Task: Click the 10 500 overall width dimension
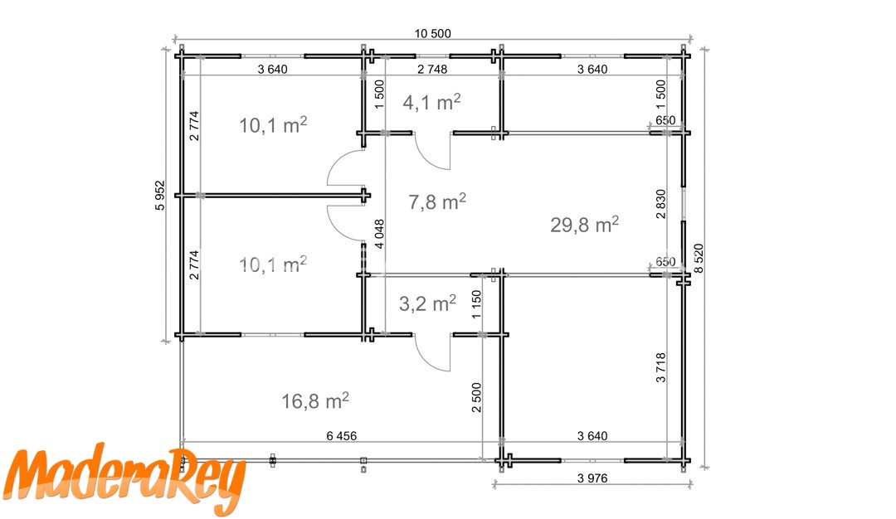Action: [432, 34]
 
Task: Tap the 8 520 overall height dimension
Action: [699, 259]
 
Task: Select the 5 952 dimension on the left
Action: [160, 196]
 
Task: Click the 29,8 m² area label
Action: [585, 225]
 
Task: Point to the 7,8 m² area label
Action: [437, 201]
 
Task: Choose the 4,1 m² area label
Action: [431, 102]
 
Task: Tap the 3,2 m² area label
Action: [427, 303]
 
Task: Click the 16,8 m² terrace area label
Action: [315, 400]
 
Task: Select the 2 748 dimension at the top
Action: [432, 69]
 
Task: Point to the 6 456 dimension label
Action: [342, 435]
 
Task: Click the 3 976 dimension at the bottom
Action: [592, 478]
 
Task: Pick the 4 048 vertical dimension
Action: [379, 234]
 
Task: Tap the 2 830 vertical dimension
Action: [661, 204]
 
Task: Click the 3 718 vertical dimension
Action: [661, 367]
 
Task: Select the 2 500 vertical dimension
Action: [476, 397]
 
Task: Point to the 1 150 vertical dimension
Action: [476, 305]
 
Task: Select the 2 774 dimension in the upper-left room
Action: [195, 126]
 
